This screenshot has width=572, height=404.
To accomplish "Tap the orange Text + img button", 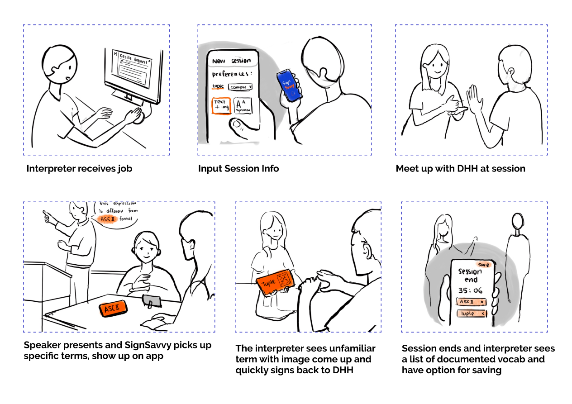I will pyautogui.click(x=221, y=105).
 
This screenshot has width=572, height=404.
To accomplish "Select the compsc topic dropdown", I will pyautogui.click(x=240, y=87).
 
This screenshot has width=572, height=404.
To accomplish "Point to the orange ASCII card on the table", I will pyautogui.click(x=113, y=309).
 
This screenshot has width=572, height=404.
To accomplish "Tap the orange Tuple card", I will pyautogui.click(x=276, y=283).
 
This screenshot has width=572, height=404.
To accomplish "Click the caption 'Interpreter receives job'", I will pyautogui.click(x=79, y=169).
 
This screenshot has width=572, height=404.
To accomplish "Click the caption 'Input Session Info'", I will pyautogui.click(x=238, y=169).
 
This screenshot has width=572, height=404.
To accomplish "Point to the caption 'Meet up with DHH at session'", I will pyautogui.click(x=460, y=169).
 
